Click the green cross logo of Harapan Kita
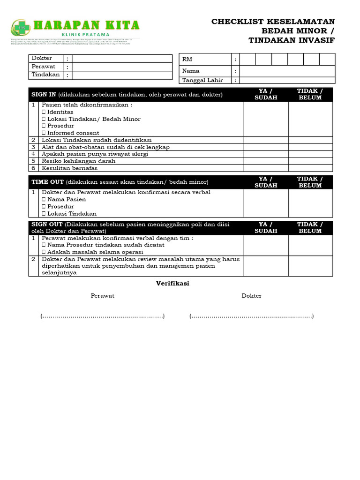point(20,28)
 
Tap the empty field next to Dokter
point(122,59)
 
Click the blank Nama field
point(287,71)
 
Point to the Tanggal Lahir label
point(202,80)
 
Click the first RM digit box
point(247,60)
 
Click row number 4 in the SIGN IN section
point(33,154)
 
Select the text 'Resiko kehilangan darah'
point(79,161)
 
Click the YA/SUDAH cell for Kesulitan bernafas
point(266,168)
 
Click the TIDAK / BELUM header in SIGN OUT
point(310,228)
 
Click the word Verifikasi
point(172,284)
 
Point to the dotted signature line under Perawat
point(103,316)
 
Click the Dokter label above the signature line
point(251,296)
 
